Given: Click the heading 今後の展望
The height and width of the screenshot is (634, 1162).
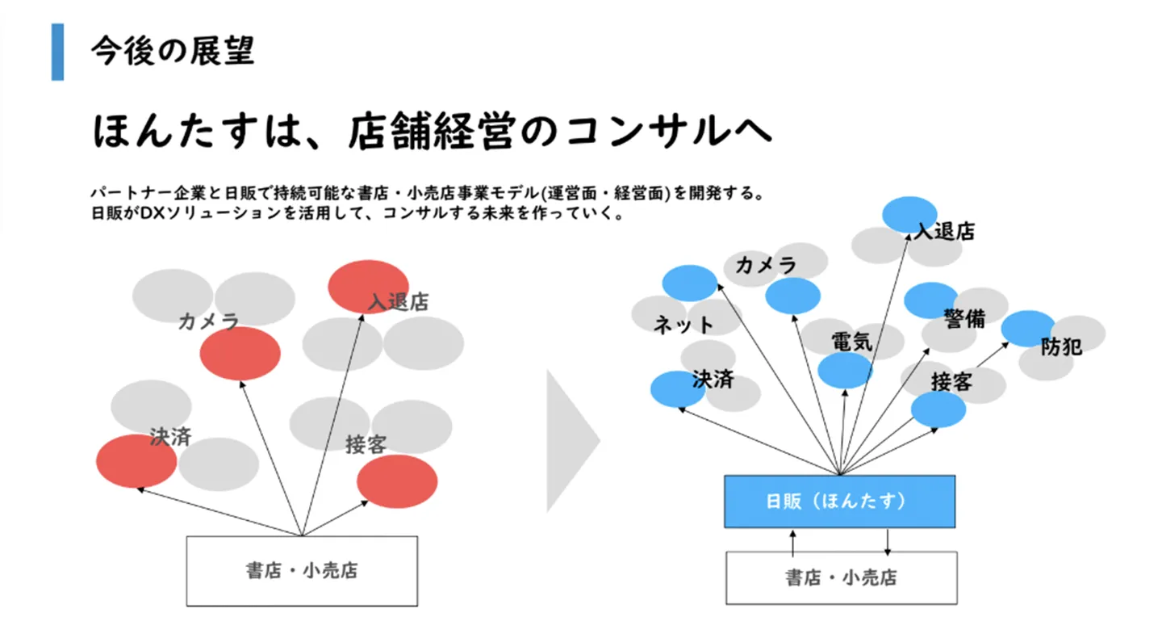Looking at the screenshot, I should (x=173, y=51).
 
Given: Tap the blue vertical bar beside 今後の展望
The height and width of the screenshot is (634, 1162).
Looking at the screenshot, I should (x=57, y=52).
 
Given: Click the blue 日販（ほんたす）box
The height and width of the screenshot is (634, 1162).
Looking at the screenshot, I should (x=839, y=502).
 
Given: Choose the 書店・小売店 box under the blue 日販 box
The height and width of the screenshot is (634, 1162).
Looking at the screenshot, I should (x=841, y=577).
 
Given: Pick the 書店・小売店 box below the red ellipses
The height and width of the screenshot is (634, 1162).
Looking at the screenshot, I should (x=302, y=571).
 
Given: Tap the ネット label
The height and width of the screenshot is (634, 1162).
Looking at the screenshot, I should (x=683, y=325).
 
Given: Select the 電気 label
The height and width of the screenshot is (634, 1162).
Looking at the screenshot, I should (x=852, y=342).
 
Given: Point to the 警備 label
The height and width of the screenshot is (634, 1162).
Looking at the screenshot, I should (x=964, y=318).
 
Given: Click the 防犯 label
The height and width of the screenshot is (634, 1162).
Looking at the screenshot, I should (x=1061, y=347).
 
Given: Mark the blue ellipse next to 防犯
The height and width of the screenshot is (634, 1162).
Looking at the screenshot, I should (x=1026, y=327).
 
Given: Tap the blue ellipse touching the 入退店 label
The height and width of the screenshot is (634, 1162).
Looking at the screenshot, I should (x=909, y=213).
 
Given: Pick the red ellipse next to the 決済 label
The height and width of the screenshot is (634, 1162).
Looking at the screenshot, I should (x=136, y=461).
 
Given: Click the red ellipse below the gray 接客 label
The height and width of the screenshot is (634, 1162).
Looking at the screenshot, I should (x=397, y=481).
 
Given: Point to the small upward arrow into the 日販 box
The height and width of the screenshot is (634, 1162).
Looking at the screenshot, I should (x=793, y=543).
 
